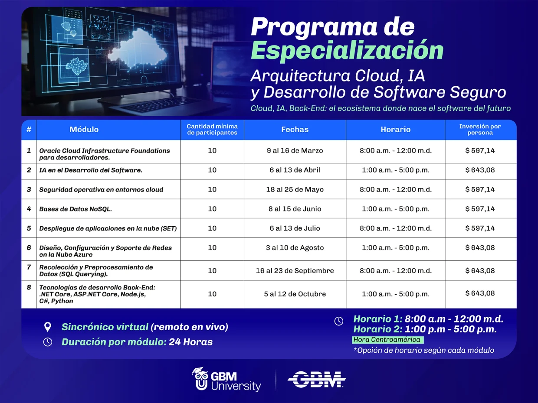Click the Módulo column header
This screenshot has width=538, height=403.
[84, 130]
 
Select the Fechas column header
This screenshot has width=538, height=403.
[295, 130]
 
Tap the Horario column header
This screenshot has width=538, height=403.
[396, 130]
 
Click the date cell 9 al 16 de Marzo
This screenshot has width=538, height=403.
[295, 150]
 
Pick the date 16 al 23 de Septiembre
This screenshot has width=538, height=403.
[295, 271]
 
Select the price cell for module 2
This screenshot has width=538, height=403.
[480, 170]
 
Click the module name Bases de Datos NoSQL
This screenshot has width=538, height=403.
[75, 209]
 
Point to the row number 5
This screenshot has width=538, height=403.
[29, 228]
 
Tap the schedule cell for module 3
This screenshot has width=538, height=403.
[396, 189]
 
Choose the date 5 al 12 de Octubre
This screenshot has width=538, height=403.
[295, 294]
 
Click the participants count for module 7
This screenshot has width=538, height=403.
[212, 271]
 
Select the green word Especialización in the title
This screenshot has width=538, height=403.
[347, 50]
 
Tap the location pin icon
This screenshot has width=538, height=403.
[48, 327]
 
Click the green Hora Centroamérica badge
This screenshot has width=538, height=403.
[388, 340]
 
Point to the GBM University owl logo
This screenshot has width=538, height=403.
[201, 379]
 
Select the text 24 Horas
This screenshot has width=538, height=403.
[191, 342]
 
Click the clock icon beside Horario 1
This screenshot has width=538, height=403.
[339, 321]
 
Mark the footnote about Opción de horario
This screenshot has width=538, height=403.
[424, 351]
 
